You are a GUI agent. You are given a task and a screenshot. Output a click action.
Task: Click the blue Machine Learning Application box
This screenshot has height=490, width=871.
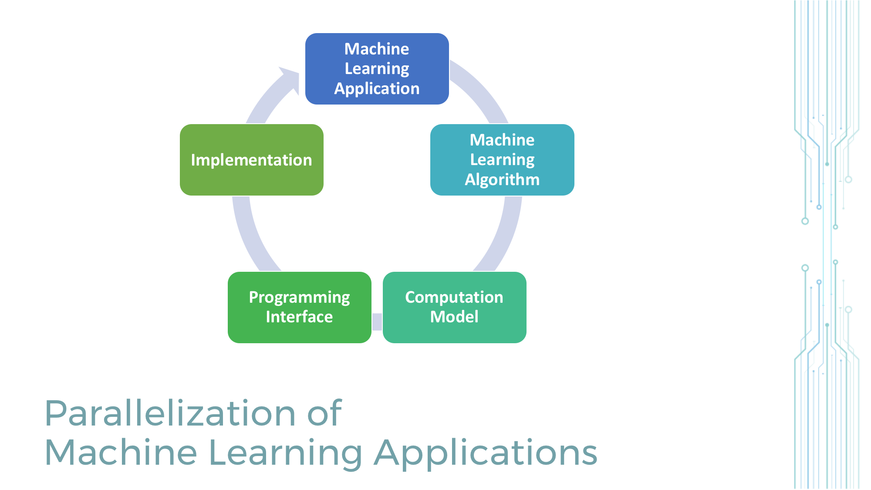[x=377, y=69]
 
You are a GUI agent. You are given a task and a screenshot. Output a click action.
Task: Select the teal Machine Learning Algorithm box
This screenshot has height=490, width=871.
[x=502, y=160]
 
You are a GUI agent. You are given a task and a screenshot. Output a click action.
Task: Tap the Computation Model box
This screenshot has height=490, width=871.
[x=454, y=307]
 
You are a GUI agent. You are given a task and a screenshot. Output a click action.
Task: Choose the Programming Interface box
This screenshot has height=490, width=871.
[x=299, y=307]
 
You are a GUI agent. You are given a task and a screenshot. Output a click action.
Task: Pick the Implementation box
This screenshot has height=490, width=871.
[x=251, y=160]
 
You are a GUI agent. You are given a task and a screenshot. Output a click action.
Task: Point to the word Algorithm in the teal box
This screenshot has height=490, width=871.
[x=502, y=179]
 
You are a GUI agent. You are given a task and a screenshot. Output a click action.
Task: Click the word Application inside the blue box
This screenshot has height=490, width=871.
[x=377, y=89]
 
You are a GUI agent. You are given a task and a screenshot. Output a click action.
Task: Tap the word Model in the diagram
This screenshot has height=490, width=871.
[x=454, y=317]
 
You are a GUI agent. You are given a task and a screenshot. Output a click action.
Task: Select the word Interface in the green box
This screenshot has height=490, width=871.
[x=299, y=317]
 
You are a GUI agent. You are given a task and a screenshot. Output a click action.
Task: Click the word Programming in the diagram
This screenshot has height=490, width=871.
[x=299, y=297]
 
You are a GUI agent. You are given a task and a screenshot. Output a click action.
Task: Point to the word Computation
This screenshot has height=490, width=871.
[x=454, y=297]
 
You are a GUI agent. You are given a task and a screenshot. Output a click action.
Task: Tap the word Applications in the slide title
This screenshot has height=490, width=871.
[x=486, y=453]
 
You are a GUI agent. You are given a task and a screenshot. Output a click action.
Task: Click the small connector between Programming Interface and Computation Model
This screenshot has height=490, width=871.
[x=377, y=322]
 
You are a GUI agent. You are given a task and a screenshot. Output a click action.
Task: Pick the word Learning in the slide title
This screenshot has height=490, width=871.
[x=285, y=453]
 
